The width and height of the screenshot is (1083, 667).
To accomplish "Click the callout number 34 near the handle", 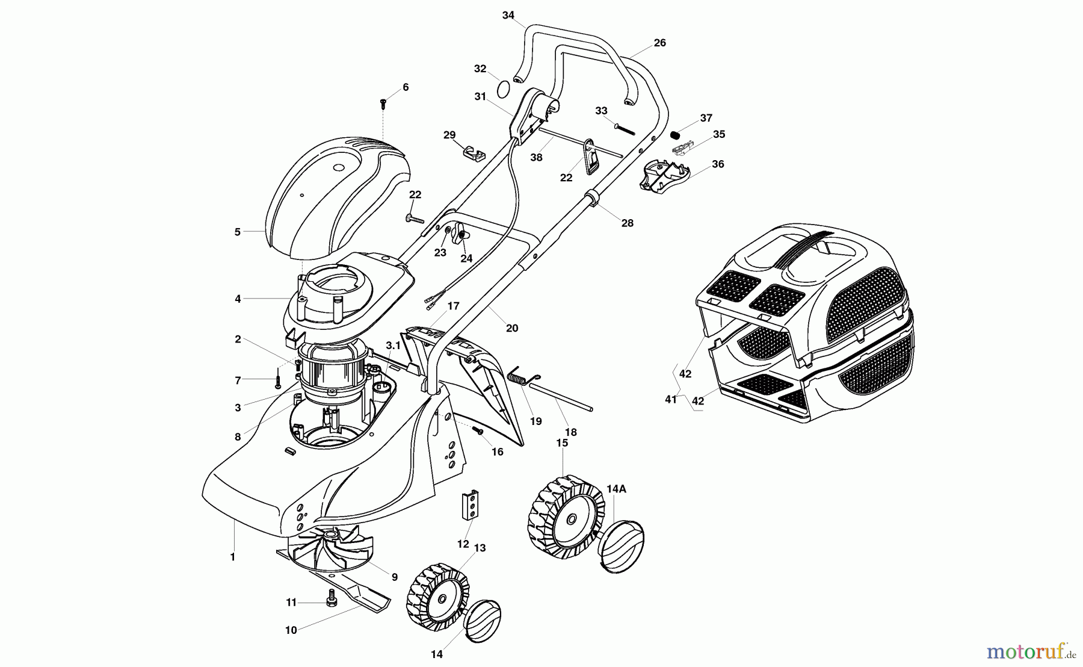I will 508,15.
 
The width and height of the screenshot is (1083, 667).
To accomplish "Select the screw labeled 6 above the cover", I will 383,104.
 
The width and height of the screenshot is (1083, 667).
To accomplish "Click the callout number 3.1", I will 393,346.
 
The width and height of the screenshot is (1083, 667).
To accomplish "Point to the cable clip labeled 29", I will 474,152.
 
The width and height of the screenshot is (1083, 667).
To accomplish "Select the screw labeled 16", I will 478,430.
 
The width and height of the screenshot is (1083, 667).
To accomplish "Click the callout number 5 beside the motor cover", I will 238,232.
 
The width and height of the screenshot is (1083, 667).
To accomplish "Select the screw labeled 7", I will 278,380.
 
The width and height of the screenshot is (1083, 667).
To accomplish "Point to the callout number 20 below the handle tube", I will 511,328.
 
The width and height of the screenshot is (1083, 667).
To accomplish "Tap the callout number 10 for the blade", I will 291,630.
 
